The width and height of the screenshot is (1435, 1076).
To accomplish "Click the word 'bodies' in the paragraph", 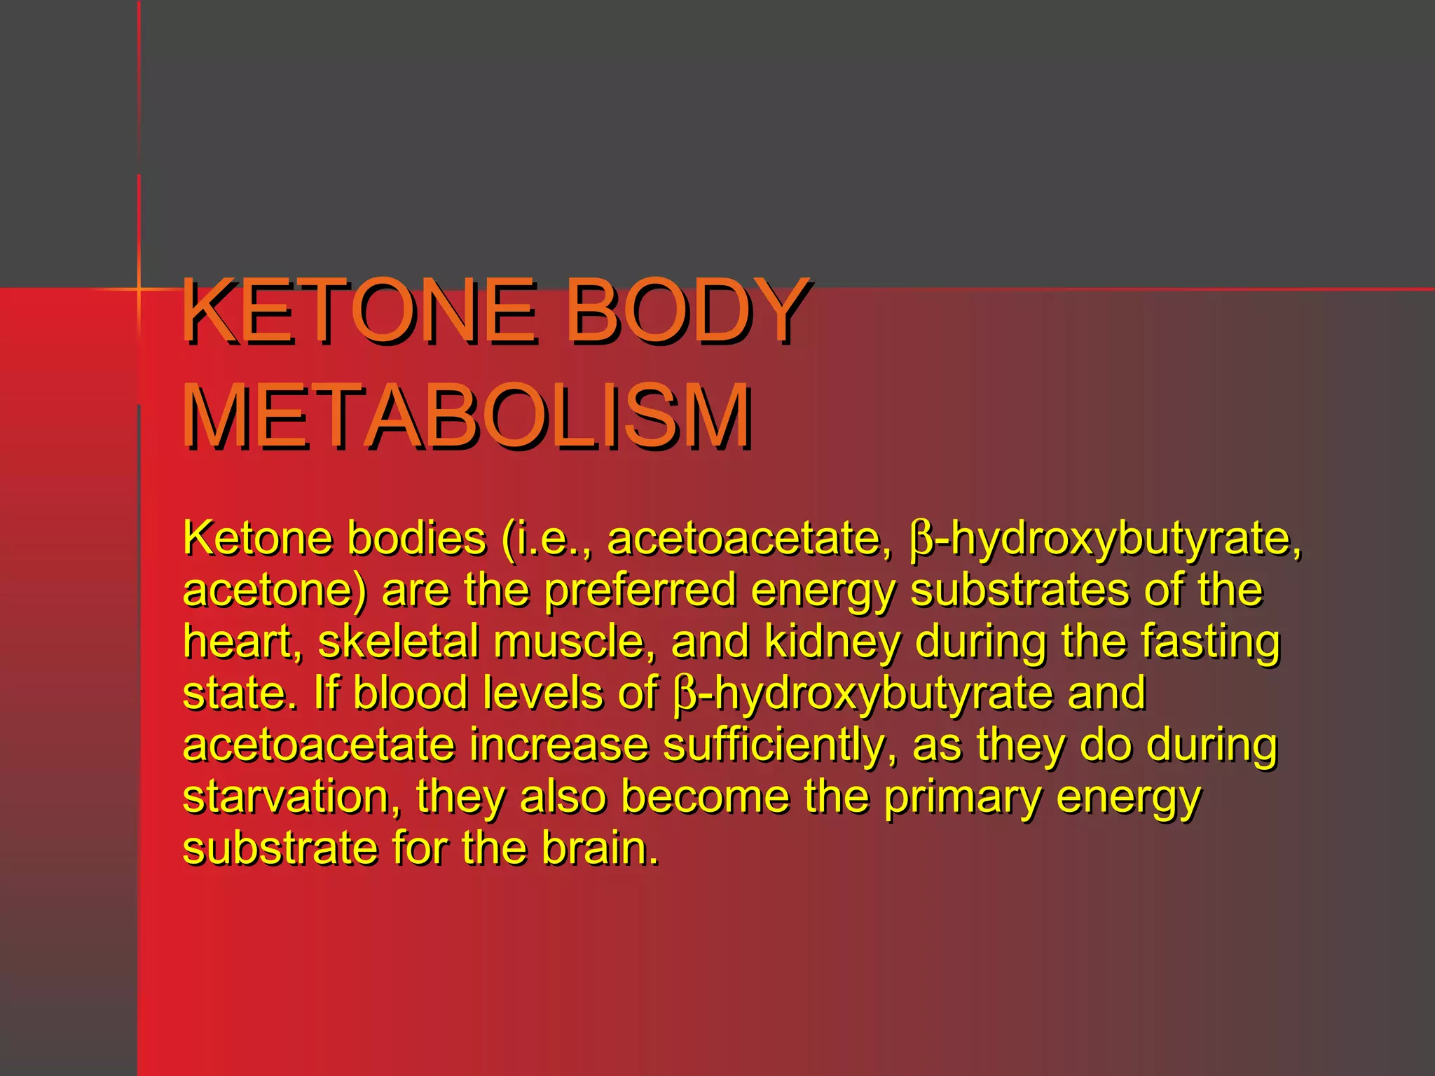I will coord(417,539).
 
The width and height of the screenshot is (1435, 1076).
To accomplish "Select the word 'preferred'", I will coord(640,591).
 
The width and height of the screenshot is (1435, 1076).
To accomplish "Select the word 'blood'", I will coord(409,693).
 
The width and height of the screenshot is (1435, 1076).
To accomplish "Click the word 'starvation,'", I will coord(292,796).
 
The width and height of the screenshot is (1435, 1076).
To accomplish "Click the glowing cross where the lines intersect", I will coord(139,289).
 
